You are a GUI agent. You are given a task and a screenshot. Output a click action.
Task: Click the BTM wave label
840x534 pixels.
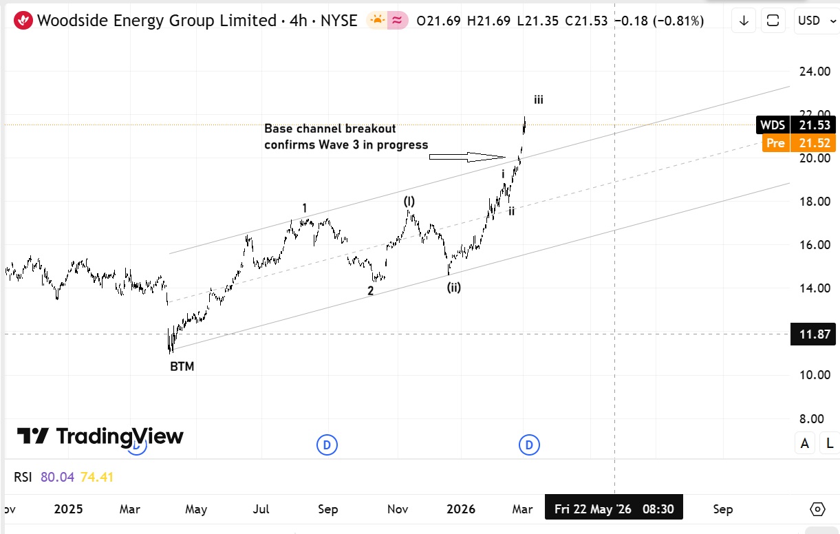point(182,367)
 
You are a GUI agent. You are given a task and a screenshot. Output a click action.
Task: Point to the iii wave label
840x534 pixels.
point(538,100)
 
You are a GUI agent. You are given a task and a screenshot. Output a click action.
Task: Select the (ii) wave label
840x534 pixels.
point(453,288)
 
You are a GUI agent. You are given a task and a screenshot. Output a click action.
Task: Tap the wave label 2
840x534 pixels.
point(370,291)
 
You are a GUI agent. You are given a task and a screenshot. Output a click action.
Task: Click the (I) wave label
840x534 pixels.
point(409,201)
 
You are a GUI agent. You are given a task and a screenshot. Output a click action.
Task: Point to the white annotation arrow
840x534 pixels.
point(468,158)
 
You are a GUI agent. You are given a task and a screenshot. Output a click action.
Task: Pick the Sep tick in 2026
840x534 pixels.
point(722,509)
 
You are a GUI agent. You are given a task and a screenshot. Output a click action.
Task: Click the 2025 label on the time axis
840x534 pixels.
point(68,509)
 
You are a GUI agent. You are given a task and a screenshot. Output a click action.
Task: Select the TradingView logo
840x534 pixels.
point(100,436)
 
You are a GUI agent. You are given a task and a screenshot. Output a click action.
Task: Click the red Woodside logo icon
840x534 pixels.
point(23,21)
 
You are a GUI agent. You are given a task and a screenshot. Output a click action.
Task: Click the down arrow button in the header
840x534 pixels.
point(744,21)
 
